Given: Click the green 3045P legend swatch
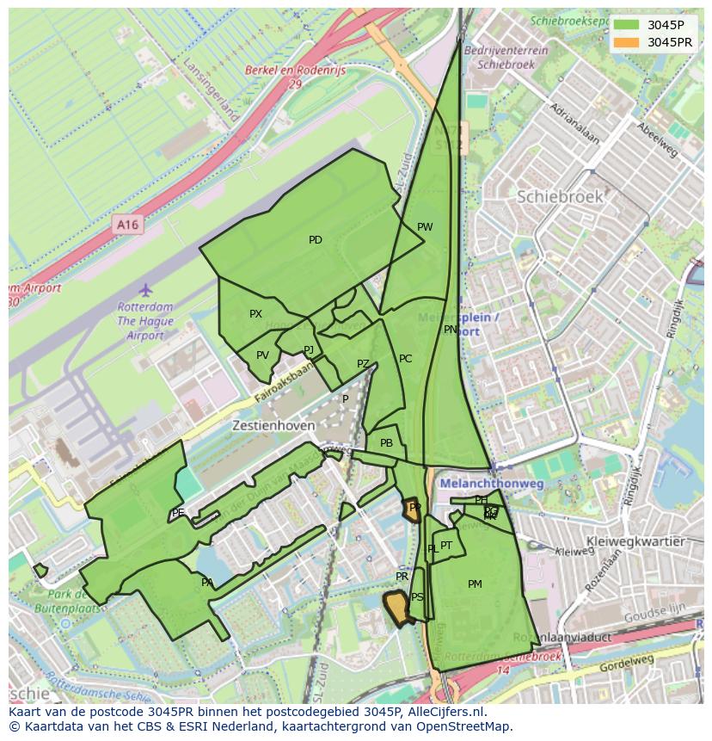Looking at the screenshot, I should (626, 24).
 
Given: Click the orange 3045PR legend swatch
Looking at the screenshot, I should (626, 41).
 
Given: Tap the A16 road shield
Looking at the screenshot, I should (127, 225).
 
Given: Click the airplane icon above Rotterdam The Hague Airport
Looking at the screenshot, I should (145, 289).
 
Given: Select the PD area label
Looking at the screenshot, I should (316, 240).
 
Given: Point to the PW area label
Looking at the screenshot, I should (425, 227).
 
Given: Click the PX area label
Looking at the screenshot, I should (255, 314).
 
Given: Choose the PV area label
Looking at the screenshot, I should (262, 355).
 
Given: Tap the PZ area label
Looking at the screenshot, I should (363, 364).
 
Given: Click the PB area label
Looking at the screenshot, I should (386, 443).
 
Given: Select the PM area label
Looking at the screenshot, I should (475, 584).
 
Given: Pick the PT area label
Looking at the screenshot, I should (446, 546).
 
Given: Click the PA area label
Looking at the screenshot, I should (207, 583).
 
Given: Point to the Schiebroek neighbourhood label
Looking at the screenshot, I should (560, 196).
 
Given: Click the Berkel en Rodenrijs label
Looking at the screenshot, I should (295, 71).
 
